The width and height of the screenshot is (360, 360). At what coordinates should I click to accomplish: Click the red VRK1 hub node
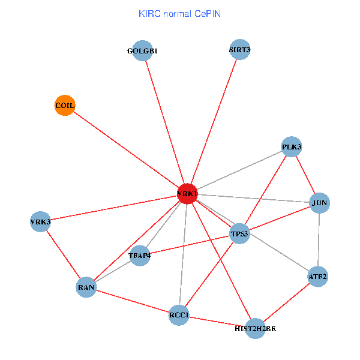pyautogui.click(x=188, y=194)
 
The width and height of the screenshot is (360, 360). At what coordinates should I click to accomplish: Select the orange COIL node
pyautogui.click(x=64, y=106)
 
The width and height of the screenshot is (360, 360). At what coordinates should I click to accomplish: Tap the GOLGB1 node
pyautogui.click(x=143, y=50)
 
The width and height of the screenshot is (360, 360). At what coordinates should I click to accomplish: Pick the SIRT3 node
pyautogui.click(x=239, y=50)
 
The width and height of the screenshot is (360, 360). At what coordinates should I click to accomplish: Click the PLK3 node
pyautogui.click(x=292, y=147)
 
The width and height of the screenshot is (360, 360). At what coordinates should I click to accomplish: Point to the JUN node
pyautogui.click(x=319, y=203)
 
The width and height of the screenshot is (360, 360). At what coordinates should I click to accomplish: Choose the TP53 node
pyautogui.click(x=239, y=233)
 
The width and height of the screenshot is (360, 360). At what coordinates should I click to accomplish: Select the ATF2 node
pyautogui.click(x=317, y=277)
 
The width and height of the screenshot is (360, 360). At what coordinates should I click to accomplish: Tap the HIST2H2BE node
pyautogui.click(x=255, y=328)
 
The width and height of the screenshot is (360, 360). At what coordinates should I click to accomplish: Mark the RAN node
pyautogui.click(x=86, y=287)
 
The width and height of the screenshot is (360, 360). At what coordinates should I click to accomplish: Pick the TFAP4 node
pyautogui.click(x=139, y=256)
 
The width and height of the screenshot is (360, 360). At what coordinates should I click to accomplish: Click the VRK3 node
pyautogui.click(x=40, y=222)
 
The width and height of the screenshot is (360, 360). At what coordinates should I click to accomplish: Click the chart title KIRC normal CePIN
pyautogui.click(x=179, y=13)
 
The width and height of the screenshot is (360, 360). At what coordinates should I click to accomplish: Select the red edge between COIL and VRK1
pyautogui.click(x=126, y=149)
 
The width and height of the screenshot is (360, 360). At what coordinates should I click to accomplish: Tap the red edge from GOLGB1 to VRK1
pyautogui.click(x=166, y=122)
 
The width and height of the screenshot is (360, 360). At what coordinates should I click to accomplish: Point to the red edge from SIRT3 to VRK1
pyautogui.click(x=214, y=122)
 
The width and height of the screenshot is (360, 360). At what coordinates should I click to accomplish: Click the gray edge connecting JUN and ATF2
pyautogui.click(x=319, y=240)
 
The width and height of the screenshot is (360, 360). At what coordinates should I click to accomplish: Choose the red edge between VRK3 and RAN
pyautogui.click(x=63, y=254)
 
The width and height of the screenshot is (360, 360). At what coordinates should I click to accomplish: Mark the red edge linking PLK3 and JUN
pyautogui.click(x=305, y=175)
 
